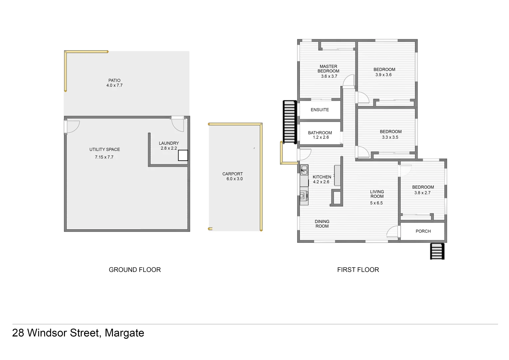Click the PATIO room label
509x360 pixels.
pos(114,80)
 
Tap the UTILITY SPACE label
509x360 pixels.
pos(105,149)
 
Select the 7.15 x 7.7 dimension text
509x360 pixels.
pos(104,157)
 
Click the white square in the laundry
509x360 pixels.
pos(183,155)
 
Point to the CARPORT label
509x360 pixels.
pos(233,174)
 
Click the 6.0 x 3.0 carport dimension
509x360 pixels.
pos(235,179)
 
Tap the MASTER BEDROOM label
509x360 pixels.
pos(328,69)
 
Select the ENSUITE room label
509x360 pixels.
pos(319,110)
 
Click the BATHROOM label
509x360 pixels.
pos(320,133)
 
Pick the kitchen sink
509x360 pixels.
pos(304,170)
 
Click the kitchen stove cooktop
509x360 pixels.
pos(304,196)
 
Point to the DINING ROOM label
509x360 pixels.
pos(322,224)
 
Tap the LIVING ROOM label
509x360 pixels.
pos(377,194)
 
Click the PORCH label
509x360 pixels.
pos(423,231)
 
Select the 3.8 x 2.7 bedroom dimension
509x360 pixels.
pos(422,193)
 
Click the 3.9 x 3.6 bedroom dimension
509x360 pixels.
pos(383,75)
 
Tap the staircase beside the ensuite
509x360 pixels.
pos(289,122)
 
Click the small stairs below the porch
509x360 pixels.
pos(437,251)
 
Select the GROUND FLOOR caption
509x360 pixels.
pos(135,270)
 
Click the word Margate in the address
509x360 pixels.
pos(124,333)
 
